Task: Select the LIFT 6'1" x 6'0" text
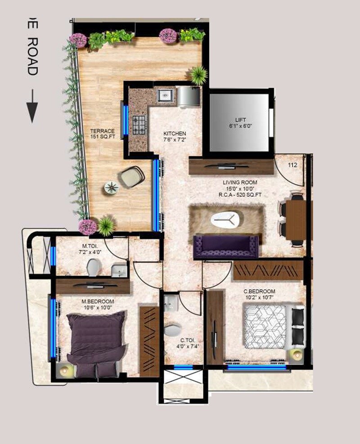click(x=240, y=123)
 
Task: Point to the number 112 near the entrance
click(x=293, y=165)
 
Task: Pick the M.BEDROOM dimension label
click(x=97, y=305)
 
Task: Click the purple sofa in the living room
click(x=226, y=246)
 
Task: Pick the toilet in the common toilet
click(x=173, y=330)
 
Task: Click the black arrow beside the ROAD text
click(x=31, y=106)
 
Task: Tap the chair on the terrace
click(x=132, y=176)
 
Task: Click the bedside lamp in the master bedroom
click(x=64, y=370)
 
